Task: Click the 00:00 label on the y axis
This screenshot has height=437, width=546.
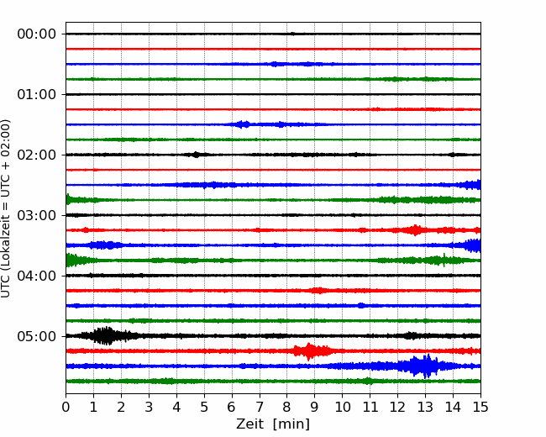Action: coord(37,34)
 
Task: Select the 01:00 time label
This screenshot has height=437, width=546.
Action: coord(37,94)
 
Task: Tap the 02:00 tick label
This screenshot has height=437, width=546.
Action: coord(37,155)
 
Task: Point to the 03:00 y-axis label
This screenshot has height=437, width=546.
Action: coord(37,215)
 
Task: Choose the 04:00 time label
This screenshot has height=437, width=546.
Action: coord(37,276)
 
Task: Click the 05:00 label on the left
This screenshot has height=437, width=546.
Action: coord(37,336)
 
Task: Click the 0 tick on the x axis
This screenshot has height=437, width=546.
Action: coord(66,407)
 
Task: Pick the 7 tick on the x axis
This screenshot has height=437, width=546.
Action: coord(260,407)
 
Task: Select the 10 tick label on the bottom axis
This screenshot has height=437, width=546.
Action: coord(342,407)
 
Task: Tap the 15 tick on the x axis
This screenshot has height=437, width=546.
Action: coord(480,407)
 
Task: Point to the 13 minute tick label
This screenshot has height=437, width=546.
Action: coord(425,407)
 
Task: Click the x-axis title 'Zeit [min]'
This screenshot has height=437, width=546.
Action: coord(273,424)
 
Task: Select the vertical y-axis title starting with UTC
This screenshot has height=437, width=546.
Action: coord(6,208)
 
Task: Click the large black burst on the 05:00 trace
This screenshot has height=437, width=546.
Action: coord(105,336)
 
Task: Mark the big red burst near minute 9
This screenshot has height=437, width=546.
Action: coord(310,351)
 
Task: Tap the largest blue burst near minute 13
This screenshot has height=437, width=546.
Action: coord(422,366)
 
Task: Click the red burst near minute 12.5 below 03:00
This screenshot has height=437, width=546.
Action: coord(415,230)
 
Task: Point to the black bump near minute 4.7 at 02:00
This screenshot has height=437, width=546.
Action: coord(196,155)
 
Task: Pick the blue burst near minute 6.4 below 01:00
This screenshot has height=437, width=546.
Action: coord(243,124)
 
